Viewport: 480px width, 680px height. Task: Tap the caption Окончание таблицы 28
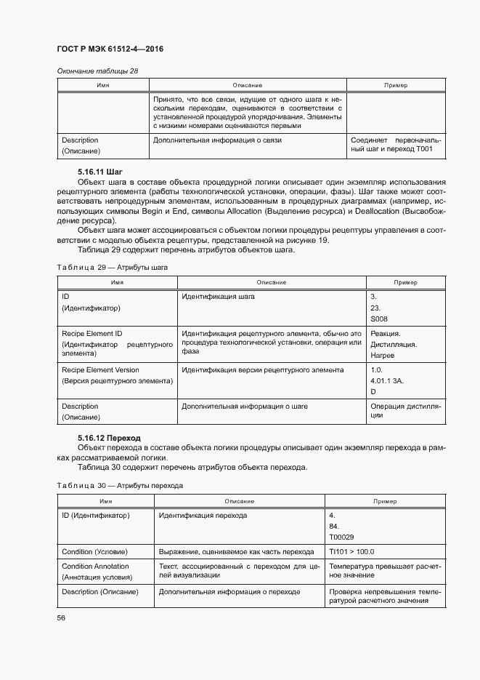click(97, 71)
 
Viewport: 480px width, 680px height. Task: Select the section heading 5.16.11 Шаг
click(99, 171)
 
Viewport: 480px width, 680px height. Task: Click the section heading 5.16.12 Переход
click(109, 439)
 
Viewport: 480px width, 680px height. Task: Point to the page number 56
click(61, 618)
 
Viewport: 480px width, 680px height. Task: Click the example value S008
click(379, 319)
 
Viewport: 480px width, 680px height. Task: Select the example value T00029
click(341, 537)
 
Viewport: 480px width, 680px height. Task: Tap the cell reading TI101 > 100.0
click(352, 552)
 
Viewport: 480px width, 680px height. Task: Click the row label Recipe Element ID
click(91, 333)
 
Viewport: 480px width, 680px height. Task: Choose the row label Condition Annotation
click(95, 566)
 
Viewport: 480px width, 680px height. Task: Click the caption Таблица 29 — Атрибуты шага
click(113, 268)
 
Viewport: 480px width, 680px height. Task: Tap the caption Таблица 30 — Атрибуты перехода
click(120, 485)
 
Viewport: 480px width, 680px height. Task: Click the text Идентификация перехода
click(203, 516)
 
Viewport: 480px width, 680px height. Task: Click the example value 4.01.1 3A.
click(387, 381)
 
